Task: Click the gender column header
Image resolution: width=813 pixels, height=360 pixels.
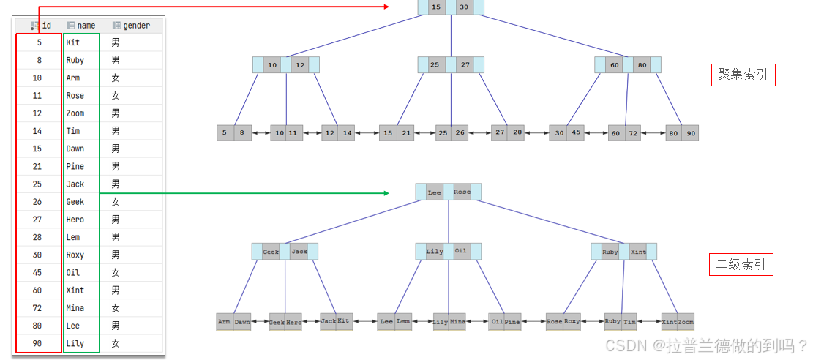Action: [135, 26]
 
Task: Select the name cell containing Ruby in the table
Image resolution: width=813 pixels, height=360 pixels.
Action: [75, 61]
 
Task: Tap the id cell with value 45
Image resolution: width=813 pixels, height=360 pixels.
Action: [38, 273]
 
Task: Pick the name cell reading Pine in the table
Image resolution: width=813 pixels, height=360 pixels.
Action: [75, 167]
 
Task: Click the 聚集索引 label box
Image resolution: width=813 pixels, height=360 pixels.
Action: [743, 75]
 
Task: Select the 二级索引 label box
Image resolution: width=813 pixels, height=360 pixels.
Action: [741, 265]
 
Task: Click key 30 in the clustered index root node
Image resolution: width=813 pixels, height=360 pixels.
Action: [463, 7]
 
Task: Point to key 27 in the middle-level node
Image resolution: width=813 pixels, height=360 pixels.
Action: [465, 65]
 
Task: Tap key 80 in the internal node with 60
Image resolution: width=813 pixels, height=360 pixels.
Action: [642, 65]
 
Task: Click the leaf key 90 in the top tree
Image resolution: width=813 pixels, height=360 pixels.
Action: [690, 133]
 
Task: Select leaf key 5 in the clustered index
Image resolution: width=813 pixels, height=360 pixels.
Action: [225, 133]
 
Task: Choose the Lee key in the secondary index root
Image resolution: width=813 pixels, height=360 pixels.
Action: [435, 192]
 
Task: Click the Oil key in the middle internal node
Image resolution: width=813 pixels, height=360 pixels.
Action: [461, 252]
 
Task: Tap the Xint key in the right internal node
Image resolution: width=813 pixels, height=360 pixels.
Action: [638, 252]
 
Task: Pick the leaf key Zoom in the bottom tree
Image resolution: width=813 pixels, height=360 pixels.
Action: [686, 322]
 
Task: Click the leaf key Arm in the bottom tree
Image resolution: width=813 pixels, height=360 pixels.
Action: [224, 322]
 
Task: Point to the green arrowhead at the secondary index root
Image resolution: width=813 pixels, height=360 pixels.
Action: [385, 193]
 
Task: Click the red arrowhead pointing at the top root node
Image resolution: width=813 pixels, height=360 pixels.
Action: [386, 6]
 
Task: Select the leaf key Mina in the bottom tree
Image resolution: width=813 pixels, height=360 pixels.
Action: [457, 322]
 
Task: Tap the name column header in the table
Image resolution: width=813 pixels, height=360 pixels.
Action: [86, 26]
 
